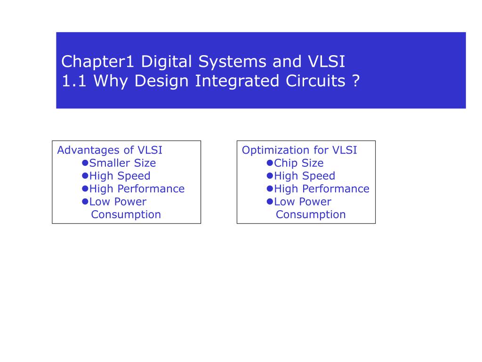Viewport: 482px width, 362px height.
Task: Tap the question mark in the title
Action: point(355,81)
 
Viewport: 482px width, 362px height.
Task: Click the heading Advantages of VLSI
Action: point(110,150)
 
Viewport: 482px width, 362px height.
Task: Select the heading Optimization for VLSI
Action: point(299,150)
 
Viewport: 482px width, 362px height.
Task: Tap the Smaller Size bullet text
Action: point(122,163)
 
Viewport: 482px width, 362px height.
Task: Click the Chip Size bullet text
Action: point(299,163)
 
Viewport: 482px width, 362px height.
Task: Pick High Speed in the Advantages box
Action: point(120,176)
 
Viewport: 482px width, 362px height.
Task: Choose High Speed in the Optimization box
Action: point(305,176)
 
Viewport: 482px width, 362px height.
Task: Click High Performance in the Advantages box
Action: point(137,189)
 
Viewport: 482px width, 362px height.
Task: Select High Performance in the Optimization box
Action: point(321,189)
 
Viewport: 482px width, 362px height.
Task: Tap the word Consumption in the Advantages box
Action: point(126,214)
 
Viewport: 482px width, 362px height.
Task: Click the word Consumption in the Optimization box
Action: point(311,214)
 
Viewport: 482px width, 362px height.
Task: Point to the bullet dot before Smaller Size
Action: point(85,163)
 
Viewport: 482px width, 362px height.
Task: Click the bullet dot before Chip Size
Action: point(270,163)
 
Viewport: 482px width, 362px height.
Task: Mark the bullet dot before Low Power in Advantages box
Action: point(85,201)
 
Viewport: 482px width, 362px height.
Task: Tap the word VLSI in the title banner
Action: point(327,62)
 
